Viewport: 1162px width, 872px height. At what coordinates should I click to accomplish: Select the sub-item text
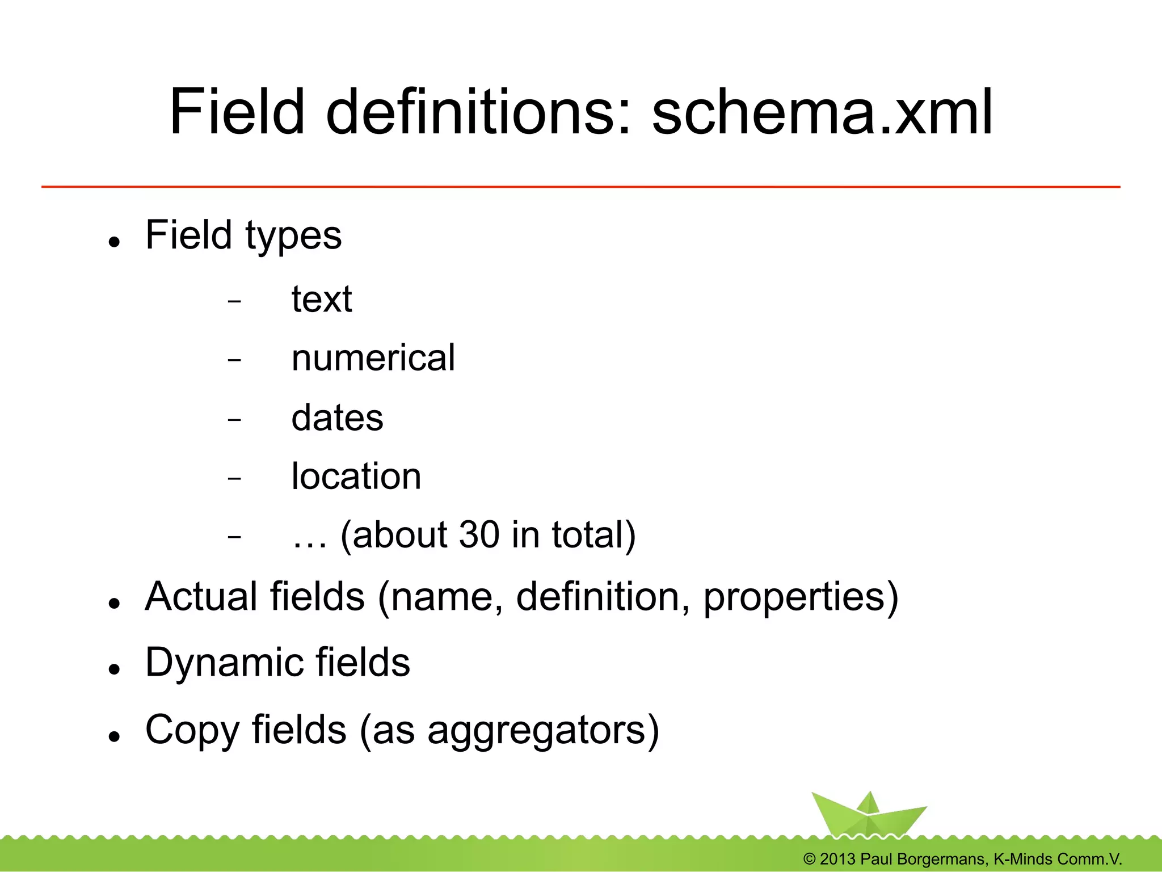click(x=322, y=299)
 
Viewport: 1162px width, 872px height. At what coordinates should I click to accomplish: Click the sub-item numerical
click(x=373, y=358)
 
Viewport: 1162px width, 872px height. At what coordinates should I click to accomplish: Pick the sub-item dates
click(x=337, y=418)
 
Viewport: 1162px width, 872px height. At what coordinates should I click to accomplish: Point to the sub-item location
click(x=356, y=477)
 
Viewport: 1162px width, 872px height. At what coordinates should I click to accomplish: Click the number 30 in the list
click(x=479, y=535)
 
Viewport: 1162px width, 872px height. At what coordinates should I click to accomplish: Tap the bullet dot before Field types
click(x=115, y=242)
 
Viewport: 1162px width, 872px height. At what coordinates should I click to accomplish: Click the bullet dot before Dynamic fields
click(x=115, y=669)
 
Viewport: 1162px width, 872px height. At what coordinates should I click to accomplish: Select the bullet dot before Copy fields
click(x=115, y=736)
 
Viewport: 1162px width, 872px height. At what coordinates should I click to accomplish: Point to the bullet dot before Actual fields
click(x=115, y=604)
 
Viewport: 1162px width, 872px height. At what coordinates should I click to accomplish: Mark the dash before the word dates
click(x=234, y=420)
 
